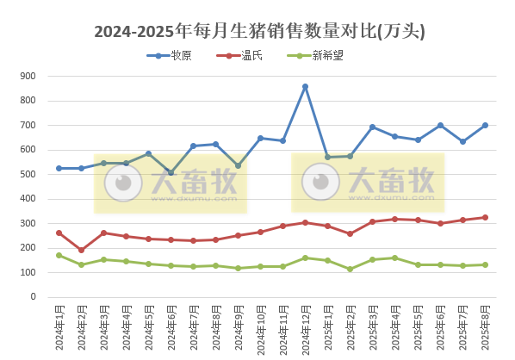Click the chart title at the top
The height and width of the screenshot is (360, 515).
[258, 32]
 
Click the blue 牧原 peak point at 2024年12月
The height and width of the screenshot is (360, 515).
[305, 87]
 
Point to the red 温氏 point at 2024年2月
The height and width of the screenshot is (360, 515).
[81, 250]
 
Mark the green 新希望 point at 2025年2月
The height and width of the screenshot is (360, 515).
[350, 269]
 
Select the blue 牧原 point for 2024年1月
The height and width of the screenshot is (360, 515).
[59, 168]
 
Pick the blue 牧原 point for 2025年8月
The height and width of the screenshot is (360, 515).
[485, 125]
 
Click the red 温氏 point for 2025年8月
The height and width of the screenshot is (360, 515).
[485, 217]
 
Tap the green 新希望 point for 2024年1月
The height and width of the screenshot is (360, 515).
[59, 255]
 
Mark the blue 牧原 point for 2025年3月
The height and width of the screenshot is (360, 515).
[372, 127]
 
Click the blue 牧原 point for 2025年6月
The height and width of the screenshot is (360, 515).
[440, 126]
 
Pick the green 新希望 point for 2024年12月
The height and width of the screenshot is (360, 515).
[305, 258]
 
